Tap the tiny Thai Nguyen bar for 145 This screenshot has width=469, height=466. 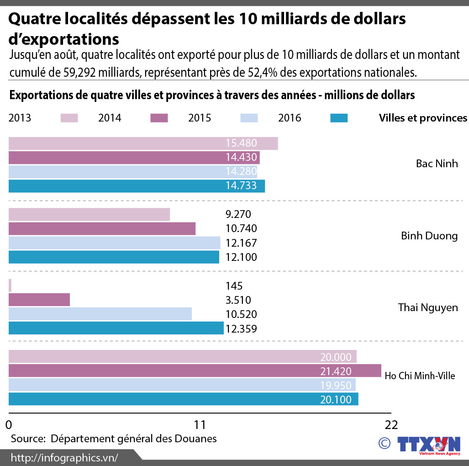tap(10, 286)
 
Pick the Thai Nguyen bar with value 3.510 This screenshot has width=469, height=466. tap(39, 300)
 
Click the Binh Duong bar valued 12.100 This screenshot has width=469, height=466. tap(114, 257)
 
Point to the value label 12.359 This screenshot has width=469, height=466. tap(241, 328)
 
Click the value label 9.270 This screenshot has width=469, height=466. tap(238, 214)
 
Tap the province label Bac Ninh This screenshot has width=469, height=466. tap(437, 164)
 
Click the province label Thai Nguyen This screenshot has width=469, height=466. tap(427, 307)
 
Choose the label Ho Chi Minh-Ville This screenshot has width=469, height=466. tap(420, 376)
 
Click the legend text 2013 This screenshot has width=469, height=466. tap(20, 118)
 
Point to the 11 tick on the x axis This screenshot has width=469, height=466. tap(200, 424)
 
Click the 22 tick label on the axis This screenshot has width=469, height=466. tap(391, 424)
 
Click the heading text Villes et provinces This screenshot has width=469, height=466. tap(423, 118)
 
